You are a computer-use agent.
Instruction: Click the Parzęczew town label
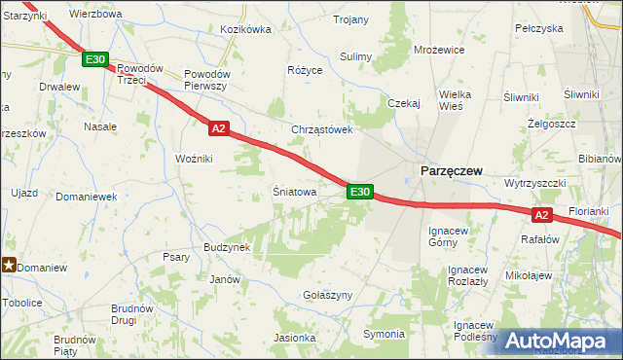[x=452, y=170]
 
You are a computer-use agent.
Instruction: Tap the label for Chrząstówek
[x=320, y=129]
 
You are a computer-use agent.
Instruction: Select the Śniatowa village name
[x=294, y=193]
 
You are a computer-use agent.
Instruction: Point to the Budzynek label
[x=228, y=247]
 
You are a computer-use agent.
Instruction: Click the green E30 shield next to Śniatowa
[x=359, y=192]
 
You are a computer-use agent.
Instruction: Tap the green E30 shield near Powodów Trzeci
[x=95, y=60]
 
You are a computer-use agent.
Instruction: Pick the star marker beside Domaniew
[x=9, y=263]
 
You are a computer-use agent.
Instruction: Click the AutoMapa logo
[x=564, y=341]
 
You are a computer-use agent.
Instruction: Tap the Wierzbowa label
[x=96, y=15]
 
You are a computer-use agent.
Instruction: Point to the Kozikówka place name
[x=245, y=29]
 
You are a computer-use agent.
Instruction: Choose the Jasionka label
[x=294, y=339]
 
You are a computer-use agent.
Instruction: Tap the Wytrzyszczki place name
[x=535, y=183]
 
